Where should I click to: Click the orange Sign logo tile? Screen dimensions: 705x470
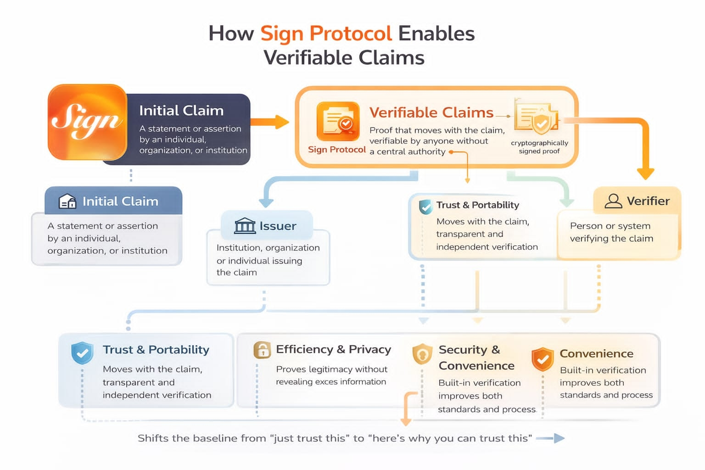[88, 122]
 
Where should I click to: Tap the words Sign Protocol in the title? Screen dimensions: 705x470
[326, 34]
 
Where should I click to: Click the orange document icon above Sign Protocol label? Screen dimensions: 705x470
[338, 121]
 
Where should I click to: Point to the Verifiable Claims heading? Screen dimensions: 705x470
[431, 112]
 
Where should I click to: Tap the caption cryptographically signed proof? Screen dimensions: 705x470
[539, 147]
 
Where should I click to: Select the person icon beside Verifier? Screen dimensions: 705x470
[613, 201]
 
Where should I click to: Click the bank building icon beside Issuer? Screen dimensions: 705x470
[245, 226]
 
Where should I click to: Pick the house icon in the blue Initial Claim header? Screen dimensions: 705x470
[67, 201]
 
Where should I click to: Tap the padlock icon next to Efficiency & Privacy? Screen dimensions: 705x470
[262, 350]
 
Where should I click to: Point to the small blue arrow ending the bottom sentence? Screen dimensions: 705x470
[550, 438]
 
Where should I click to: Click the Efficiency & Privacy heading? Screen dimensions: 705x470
[333, 349]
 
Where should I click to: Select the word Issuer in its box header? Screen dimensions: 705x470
[278, 226]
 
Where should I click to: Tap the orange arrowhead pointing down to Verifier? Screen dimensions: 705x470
[645, 174]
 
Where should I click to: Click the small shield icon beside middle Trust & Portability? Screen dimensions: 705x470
[425, 207]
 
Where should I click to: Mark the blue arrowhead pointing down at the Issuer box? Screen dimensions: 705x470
[266, 203]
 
